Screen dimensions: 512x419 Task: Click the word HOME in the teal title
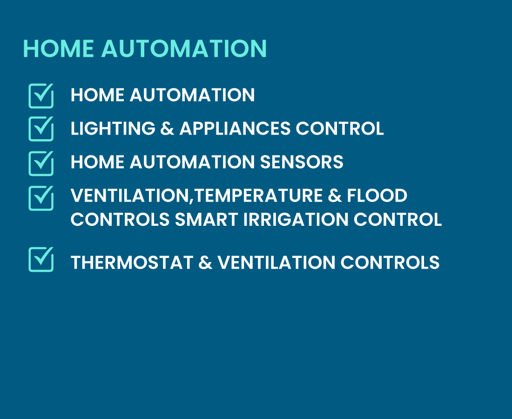[58, 49]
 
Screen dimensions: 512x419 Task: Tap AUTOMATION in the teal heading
[184, 49]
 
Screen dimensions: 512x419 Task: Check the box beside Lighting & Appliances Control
[41, 128]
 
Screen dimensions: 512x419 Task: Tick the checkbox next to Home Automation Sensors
[41, 163]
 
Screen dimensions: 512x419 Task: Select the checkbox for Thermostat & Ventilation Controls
[41, 259]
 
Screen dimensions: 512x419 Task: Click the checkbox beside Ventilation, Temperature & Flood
[41, 198]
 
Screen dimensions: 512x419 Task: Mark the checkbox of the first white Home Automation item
[41, 96]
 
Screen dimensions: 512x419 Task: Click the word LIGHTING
[113, 128]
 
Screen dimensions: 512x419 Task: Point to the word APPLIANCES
[235, 128]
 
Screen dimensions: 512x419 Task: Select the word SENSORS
[302, 162]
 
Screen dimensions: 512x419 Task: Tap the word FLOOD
[377, 195]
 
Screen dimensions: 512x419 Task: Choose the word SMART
[206, 219]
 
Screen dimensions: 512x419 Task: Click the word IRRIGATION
[296, 219]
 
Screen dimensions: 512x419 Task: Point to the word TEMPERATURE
[258, 195]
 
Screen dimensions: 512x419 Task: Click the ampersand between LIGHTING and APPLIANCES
[167, 128]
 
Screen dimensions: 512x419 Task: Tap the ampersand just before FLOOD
[335, 195]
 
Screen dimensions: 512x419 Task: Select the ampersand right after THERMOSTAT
[205, 262]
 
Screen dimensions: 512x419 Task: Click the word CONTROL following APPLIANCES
[340, 128]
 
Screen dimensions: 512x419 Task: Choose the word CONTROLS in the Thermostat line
[390, 262]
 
